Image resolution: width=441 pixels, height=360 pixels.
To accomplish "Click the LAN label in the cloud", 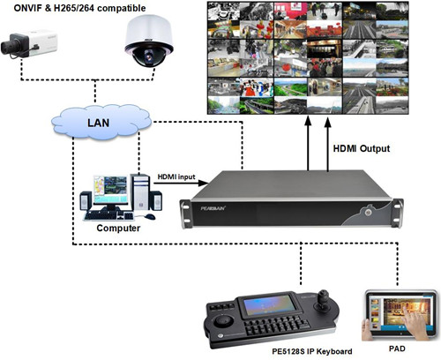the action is pyautogui.click(x=99, y=123).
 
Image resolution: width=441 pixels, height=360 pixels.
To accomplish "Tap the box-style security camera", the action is pyautogui.click(x=29, y=44).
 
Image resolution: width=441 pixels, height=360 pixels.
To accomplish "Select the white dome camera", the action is pyautogui.click(x=149, y=41).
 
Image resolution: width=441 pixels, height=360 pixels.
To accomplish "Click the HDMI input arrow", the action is pyautogui.click(x=181, y=184).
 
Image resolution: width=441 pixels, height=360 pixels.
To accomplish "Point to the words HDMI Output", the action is pyautogui.click(x=362, y=148).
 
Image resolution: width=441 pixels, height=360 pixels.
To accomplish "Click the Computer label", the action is pyautogui.click(x=118, y=229).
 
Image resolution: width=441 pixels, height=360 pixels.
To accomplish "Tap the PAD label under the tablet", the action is pyautogui.click(x=397, y=349).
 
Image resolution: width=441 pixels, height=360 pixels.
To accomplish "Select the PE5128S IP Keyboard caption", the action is pyautogui.click(x=312, y=351).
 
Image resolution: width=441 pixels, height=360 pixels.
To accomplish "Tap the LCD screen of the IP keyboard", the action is pyautogui.click(x=270, y=305).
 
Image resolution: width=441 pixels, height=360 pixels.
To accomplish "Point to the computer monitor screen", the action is pyautogui.click(x=110, y=190).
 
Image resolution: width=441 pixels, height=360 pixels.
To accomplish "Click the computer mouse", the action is pyautogui.click(x=150, y=216).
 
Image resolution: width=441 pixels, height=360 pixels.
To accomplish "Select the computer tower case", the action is pyautogui.click(x=140, y=192).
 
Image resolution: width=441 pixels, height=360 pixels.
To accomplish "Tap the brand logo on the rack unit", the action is pyautogui.click(x=213, y=208).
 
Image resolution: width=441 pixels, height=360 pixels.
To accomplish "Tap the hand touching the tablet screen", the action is pyautogui.click(x=413, y=320).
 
